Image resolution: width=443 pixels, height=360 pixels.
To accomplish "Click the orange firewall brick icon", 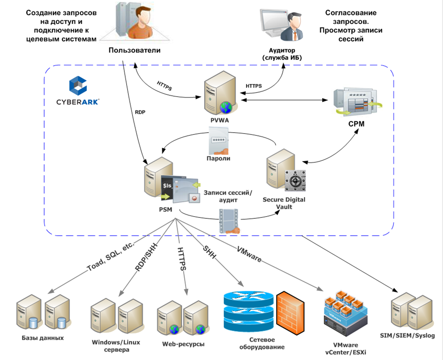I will (291, 314).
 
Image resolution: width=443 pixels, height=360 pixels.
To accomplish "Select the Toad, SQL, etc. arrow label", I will (111, 258).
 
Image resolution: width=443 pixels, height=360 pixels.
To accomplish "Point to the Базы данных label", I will (43, 338).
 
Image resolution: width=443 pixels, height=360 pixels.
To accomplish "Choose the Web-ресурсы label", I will (183, 344).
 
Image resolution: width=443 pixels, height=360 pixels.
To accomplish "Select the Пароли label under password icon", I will (218, 158).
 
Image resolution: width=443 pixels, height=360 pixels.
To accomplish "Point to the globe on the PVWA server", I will (226, 107).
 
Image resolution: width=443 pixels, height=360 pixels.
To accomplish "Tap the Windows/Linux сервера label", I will (116, 346).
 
